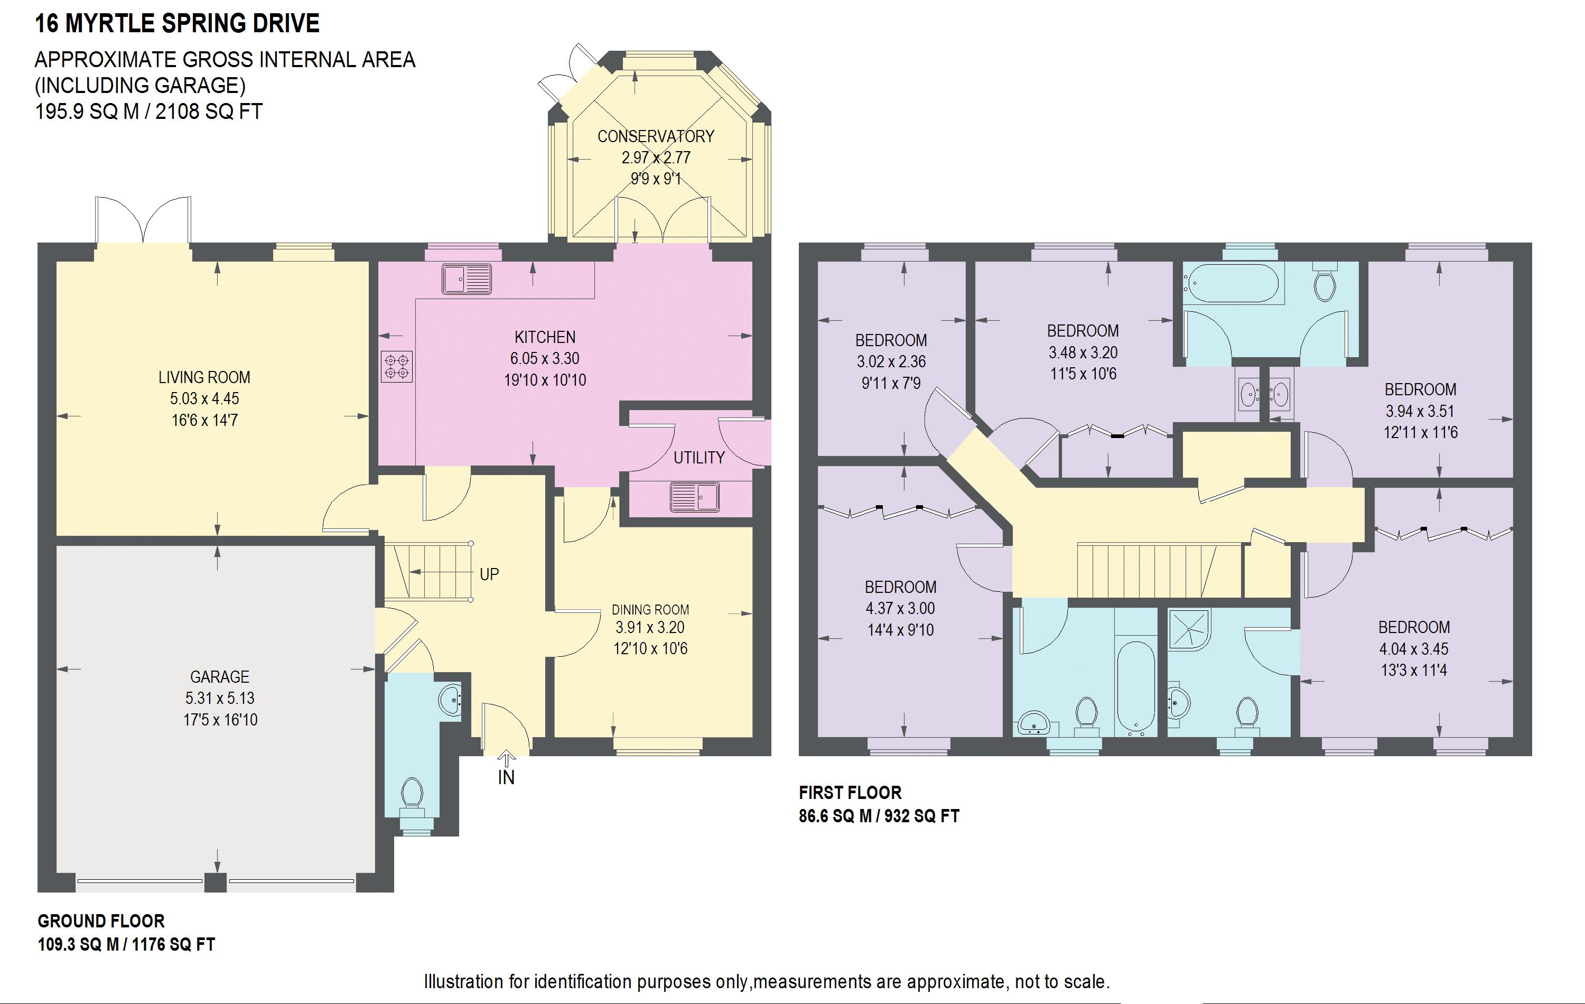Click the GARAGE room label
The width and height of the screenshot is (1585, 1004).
coord(219,677)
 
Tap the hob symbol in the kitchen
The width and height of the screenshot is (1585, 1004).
coord(397,367)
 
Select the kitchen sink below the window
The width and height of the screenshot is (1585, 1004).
coord(467,278)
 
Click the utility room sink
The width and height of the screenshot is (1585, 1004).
coord(694,496)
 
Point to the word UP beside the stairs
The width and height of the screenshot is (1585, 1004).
coord(489,574)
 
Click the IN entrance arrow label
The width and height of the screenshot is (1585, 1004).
coord(506,777)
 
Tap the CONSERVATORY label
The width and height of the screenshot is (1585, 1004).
coord(656,136)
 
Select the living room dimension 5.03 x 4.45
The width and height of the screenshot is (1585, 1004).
coord(204,398)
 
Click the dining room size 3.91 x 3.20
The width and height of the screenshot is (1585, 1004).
coord(650,627)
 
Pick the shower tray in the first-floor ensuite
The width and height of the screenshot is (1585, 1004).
coord(1189,630)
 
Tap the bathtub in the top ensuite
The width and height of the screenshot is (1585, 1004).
coord(1231,284)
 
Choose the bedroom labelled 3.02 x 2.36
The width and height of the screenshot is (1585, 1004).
coord(891,361)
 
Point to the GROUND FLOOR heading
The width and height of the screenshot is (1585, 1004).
coord(101,921)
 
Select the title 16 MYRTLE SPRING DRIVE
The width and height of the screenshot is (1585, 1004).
coord(177,24)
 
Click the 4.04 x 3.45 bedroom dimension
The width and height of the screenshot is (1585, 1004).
coord(1414,648)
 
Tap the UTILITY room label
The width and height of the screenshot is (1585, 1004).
coord(699,458)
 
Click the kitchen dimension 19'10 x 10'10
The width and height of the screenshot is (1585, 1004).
coord(545,380)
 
